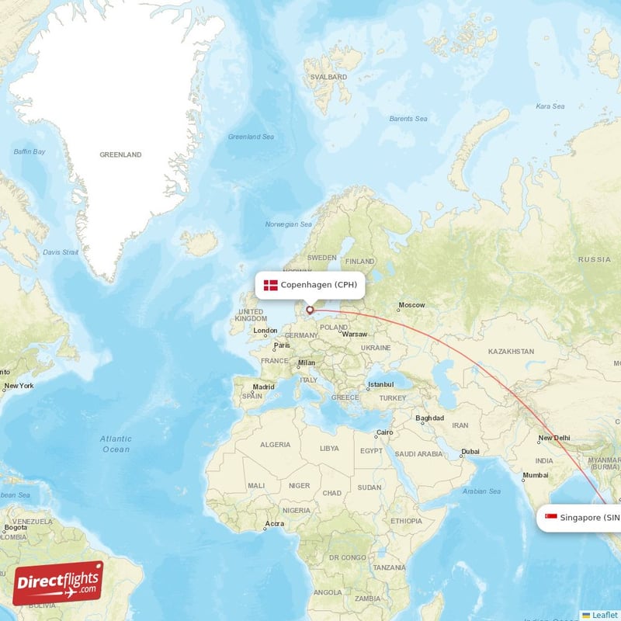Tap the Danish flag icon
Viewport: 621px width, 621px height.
270,285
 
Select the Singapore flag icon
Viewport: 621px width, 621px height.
550,518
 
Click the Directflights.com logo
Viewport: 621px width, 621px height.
57,583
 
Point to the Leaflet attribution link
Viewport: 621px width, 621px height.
603,615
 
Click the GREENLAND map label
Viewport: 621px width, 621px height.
120,155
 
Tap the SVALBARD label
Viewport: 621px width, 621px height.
328,78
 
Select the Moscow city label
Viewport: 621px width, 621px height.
411,305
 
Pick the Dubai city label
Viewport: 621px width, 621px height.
470,452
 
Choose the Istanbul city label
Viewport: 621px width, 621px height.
381,384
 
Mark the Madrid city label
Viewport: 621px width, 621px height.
263,387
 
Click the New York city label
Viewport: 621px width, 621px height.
19,386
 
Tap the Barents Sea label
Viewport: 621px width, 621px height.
408,119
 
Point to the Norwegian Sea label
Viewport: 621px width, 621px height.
288,224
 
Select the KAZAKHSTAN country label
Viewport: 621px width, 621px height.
511,352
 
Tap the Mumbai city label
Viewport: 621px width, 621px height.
535,475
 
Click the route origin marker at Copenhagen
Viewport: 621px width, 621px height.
310,310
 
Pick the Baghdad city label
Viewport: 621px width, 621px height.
429,418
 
